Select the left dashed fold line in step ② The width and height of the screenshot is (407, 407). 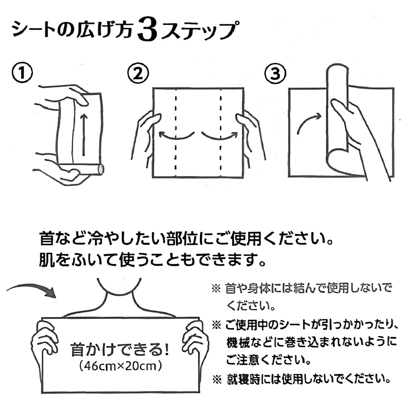click(176, 132)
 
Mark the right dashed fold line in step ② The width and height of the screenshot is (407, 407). click(221, 132)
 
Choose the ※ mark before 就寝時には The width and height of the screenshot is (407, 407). click(216, 379)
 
